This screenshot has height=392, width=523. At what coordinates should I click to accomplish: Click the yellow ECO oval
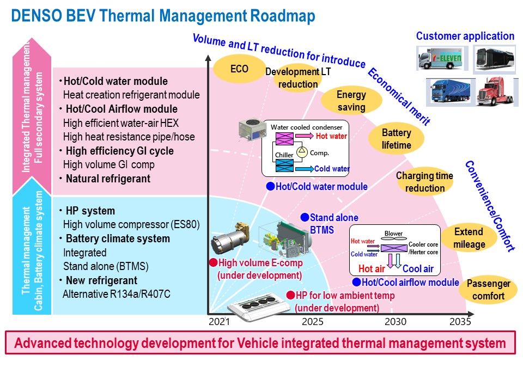coord(239,69)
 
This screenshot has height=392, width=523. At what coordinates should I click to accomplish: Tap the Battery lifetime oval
coord(396,139)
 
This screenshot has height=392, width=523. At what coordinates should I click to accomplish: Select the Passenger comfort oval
coord(488,290)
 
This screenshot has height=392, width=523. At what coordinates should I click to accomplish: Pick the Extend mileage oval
coord(469,238)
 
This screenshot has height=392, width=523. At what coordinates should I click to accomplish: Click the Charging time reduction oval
coord(425,182)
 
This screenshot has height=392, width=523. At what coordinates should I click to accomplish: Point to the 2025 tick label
coord(313,322)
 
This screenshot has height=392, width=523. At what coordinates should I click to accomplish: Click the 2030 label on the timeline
coord(396,322)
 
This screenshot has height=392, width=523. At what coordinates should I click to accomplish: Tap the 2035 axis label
coord(460,322)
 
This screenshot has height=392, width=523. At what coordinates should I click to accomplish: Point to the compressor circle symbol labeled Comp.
coord(301,153)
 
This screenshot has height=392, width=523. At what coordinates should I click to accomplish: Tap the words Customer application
coord(465,36)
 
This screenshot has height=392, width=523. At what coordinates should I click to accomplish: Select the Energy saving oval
coord(351,101)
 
